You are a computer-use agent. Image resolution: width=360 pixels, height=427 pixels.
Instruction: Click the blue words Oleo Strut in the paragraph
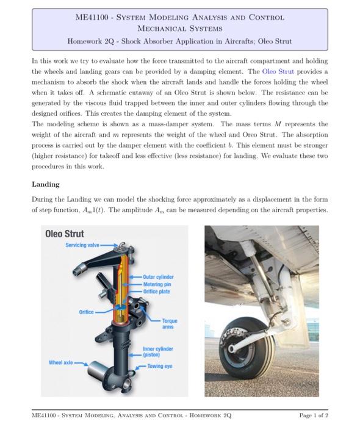pos(278,71)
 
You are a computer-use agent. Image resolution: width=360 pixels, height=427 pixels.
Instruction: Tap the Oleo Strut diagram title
pos(65,234)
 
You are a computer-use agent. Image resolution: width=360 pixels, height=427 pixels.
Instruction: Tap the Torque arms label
pos(168,323)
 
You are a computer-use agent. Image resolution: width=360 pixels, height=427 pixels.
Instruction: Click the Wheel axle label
pos(60,362)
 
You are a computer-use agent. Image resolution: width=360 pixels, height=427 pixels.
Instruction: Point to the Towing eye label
pos(160,366)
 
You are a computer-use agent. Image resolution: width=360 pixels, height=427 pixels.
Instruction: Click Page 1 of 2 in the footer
pos(314,415)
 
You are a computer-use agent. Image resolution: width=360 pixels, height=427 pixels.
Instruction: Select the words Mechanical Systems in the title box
pos(179,28)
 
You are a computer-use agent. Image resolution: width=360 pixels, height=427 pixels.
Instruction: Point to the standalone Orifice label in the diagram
pos(86,312)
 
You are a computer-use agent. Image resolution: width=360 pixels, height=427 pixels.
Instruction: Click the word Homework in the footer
pos(206,415)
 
